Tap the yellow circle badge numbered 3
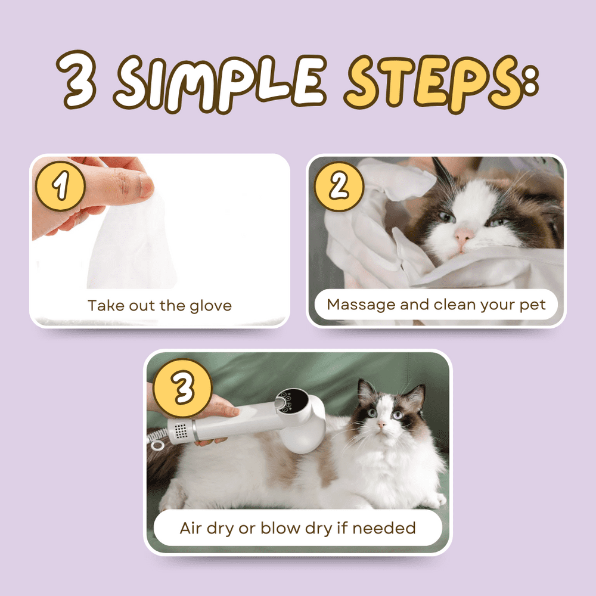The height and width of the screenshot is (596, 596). tap(182, 387)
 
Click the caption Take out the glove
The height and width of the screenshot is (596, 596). tap(160, 306)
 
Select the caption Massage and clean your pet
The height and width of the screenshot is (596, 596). tap(436, 305)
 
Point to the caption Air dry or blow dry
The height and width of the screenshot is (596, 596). tap(297, 528)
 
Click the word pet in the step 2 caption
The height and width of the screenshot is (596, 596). tap(533, 305)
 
